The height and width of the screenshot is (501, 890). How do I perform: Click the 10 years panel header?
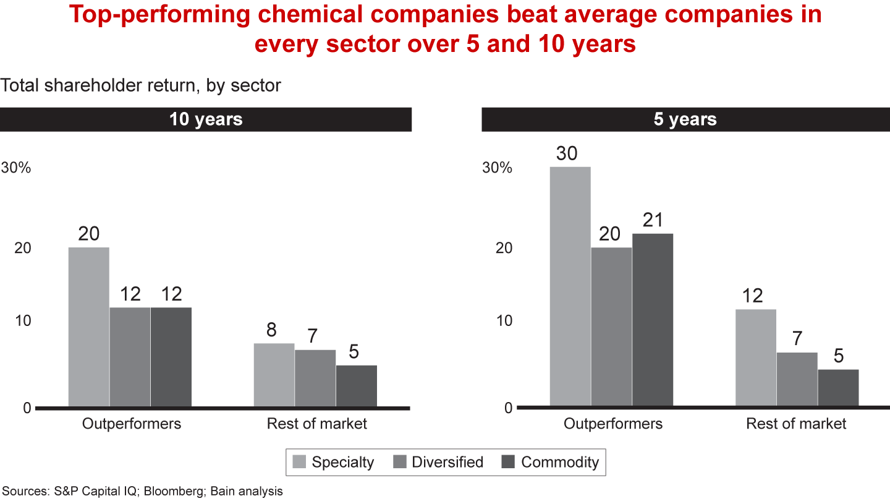click(206, 119)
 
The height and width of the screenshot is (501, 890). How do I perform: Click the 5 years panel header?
click(685, 119)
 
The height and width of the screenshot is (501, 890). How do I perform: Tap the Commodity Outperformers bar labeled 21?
click(652, 320)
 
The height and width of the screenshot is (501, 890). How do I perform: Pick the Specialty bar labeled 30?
click(570, 287)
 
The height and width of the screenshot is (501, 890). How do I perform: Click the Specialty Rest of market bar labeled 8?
click(274, 375)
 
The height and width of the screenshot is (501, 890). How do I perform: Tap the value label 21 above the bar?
click(652, 220)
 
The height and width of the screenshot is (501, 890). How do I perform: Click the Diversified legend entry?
click(438, 462)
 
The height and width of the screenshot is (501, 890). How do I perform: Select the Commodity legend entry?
click(549, 462)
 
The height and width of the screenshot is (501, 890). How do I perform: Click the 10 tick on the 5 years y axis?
click(504, 321)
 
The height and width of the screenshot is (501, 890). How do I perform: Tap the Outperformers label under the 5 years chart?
click(612, 424)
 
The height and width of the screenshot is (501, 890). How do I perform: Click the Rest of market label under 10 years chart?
click(316, 424)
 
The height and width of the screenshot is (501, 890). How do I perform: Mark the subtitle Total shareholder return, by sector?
click(141, 85)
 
